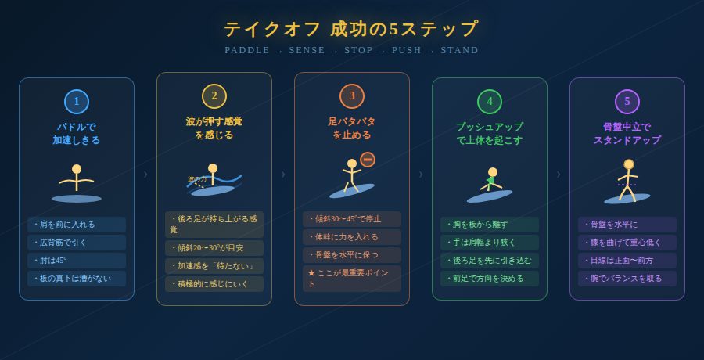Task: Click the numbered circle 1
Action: [x=77, y=102]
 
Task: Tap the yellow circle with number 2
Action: [x=214, y=96]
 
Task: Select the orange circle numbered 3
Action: [x=352, y=96]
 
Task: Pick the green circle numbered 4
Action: [x=490, y=102]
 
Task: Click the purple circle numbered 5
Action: [x=627, y=102]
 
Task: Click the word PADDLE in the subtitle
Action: [x=247, y=50]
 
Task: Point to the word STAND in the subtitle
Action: [x=459, y=50]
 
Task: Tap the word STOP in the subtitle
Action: [x=358, y=50]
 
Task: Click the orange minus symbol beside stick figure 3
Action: [x=368, y=160]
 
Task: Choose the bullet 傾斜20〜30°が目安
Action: [x=214, y=248]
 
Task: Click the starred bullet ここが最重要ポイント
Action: [x=352, y=279]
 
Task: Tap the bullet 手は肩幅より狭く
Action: [x=490, y=243]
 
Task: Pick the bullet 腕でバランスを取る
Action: [x=627, y=279]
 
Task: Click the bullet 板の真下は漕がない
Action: [x=77, y=279]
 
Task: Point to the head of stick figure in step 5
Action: [x=629, y=164]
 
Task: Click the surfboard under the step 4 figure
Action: [x=490, y=196]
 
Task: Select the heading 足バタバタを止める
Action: [x=352, y=128]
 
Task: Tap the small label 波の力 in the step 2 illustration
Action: [x=197, y=179]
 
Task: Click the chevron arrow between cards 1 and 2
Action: [x=145, y=175]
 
